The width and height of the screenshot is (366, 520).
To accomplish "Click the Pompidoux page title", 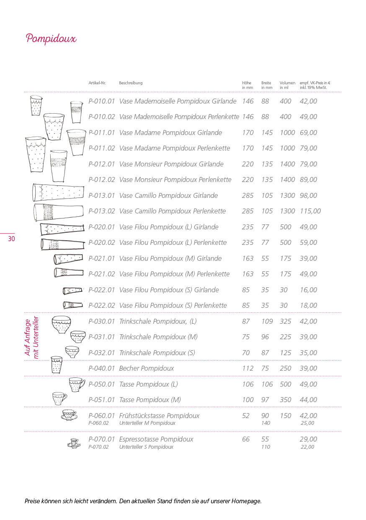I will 51,39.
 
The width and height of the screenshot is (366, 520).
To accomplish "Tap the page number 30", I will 11,239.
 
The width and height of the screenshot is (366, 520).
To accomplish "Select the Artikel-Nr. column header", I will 97,83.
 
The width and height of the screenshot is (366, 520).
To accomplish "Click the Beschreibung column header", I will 131,83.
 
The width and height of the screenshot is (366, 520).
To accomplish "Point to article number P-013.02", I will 101,211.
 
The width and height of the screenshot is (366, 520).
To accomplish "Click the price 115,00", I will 310,211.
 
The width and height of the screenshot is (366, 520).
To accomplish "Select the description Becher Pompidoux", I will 147,369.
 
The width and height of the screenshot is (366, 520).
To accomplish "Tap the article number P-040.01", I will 101,369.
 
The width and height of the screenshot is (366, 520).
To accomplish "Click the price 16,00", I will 308,290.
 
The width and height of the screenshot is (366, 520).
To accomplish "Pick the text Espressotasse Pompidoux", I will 156,439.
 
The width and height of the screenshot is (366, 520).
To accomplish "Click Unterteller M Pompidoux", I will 147,423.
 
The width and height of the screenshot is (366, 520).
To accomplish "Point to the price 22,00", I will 308,447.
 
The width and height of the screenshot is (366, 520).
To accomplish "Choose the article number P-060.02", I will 98,423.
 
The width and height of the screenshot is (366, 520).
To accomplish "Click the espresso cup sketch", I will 74,443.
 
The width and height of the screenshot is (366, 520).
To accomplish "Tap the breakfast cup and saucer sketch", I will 69,415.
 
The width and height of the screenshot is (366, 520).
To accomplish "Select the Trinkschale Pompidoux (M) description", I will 158,337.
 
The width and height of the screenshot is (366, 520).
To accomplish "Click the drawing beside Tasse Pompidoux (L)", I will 77,384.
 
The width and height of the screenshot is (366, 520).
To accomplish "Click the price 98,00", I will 308,196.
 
